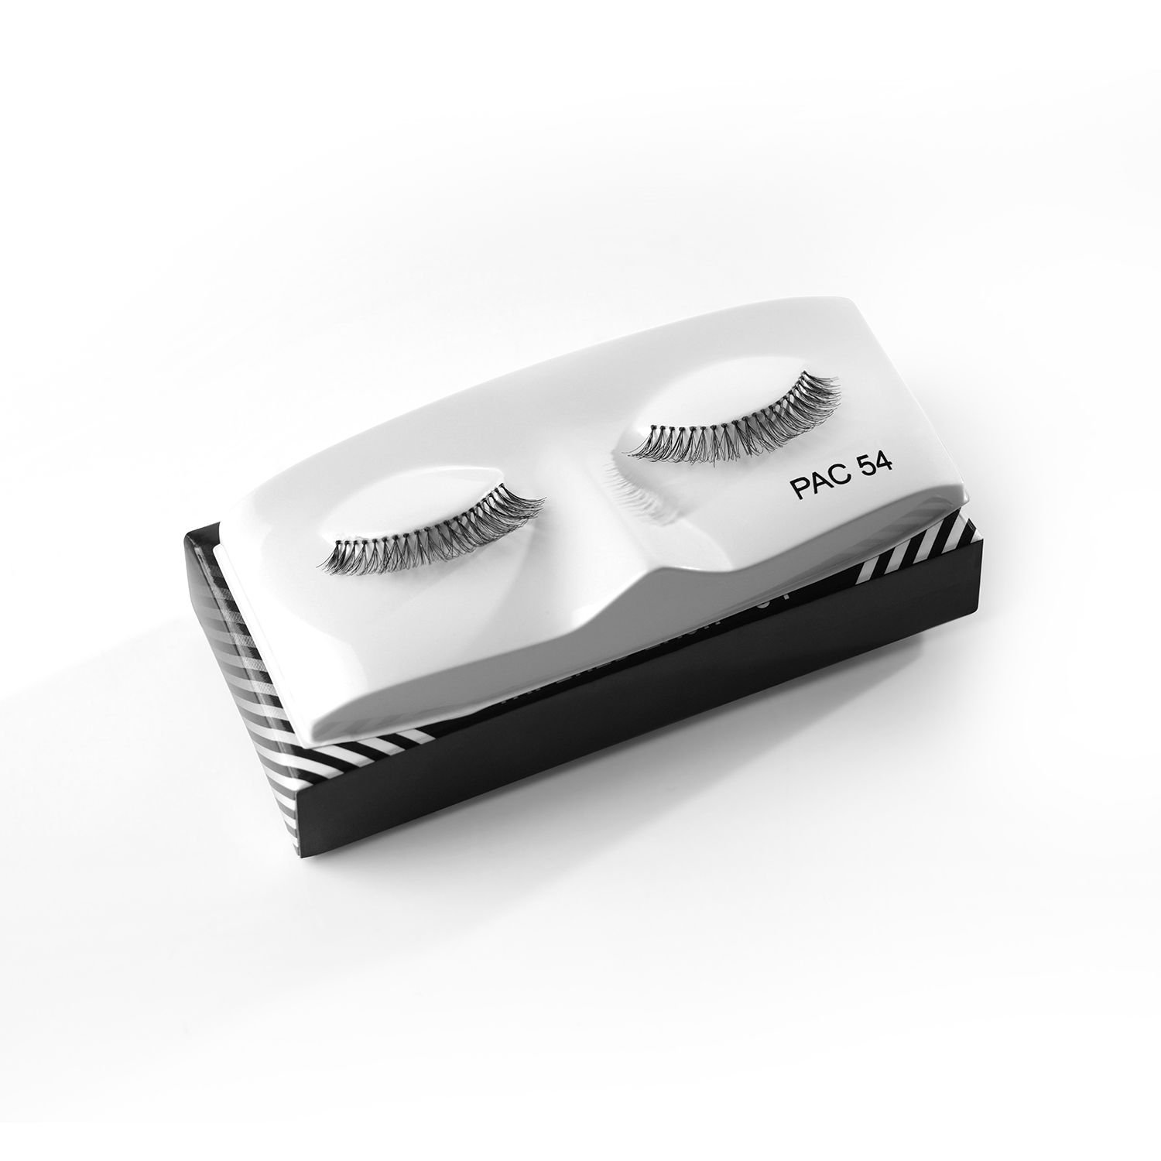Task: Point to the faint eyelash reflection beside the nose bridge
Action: coord(642,495)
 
